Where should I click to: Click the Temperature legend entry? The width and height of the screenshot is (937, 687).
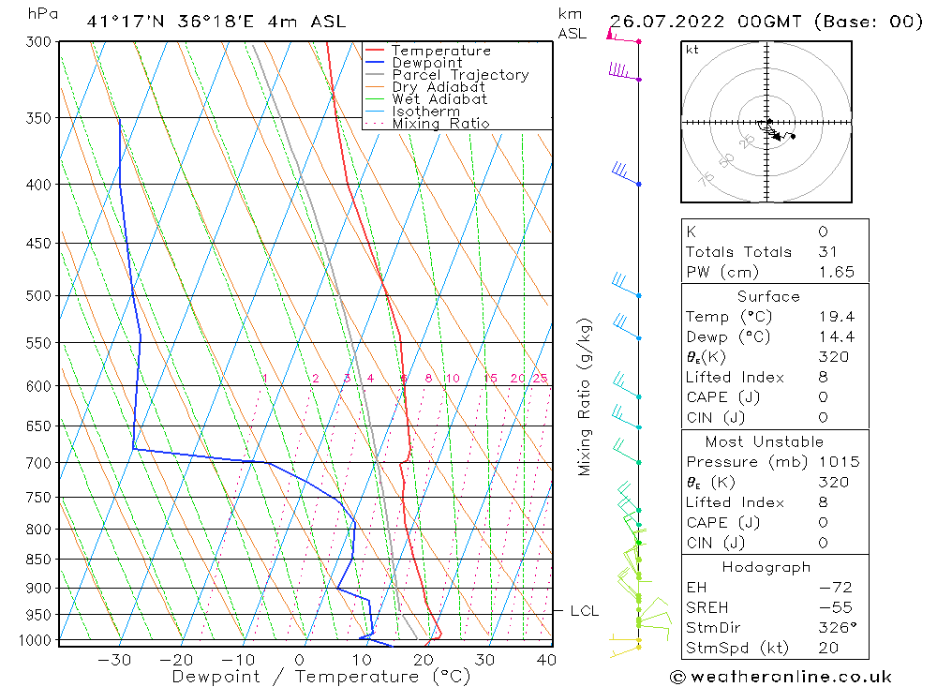440,51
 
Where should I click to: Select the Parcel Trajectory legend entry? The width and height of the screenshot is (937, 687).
460,75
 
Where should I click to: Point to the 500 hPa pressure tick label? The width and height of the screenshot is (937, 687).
40,296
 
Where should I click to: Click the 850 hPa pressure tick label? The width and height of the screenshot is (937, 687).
40,560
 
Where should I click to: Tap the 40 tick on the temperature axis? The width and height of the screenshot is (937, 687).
546,660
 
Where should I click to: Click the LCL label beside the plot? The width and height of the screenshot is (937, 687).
584,611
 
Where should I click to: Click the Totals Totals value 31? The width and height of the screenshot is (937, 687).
827,251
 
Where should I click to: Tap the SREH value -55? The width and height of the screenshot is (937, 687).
828,607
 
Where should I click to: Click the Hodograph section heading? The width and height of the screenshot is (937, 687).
767,567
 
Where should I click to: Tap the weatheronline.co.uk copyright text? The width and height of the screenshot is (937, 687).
781,677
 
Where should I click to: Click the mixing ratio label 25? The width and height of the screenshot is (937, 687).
540,379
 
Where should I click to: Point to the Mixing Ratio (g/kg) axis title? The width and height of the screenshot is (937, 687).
586,396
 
